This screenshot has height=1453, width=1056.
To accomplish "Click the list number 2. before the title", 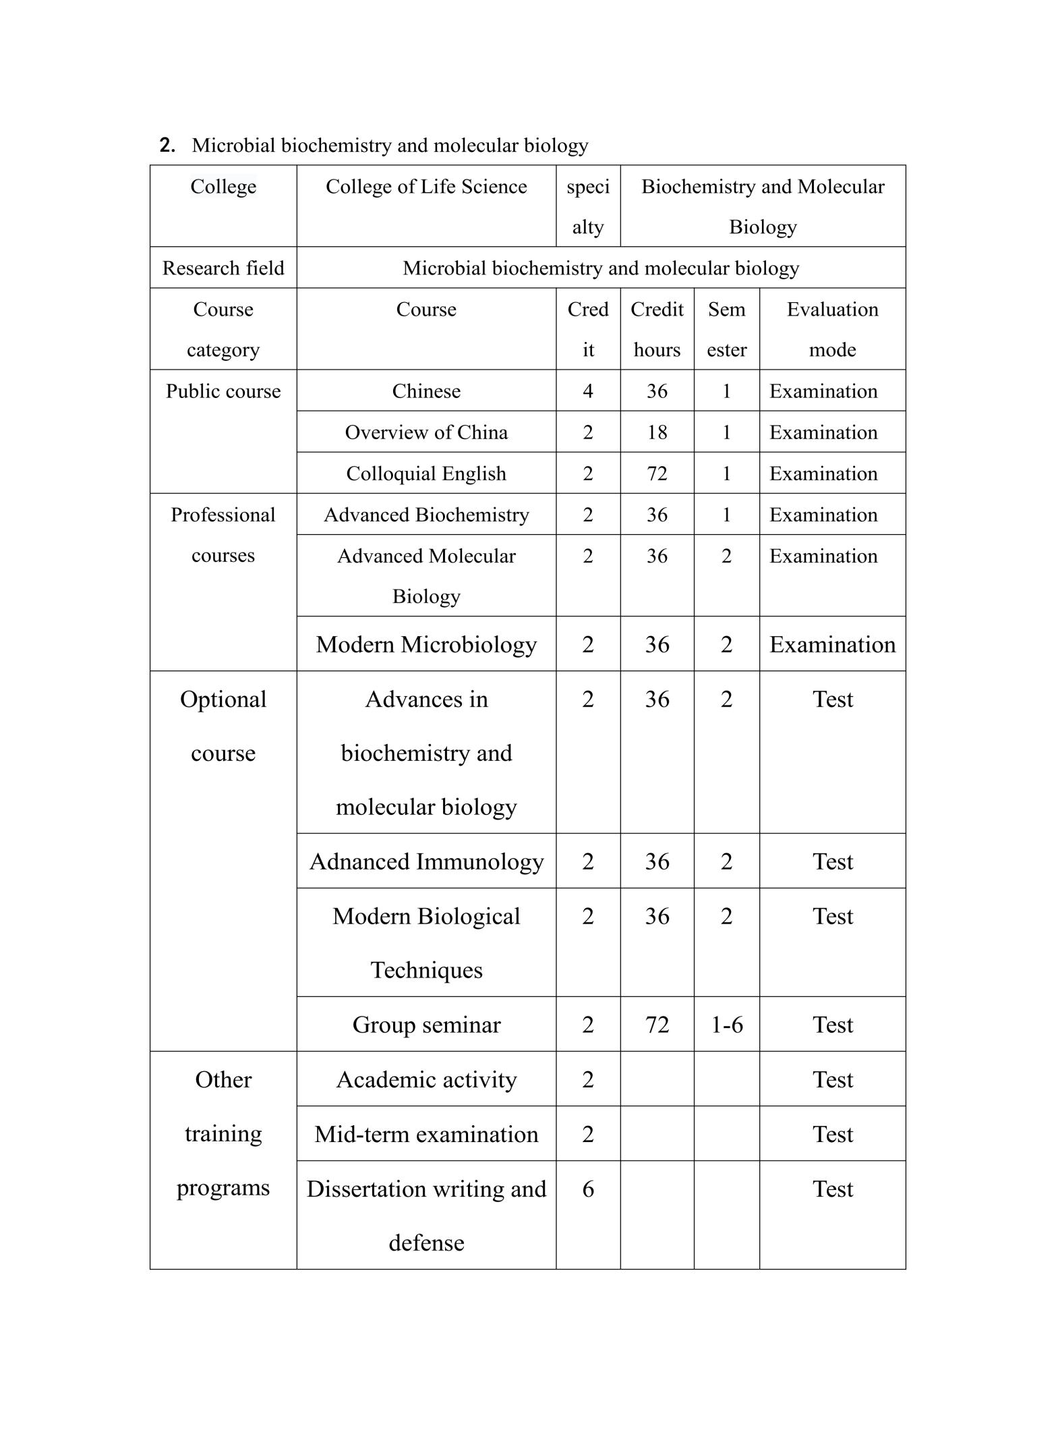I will [167, 145].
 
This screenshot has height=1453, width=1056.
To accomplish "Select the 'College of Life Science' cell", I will [426, 187].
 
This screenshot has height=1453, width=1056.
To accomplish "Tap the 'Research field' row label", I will [223, 268].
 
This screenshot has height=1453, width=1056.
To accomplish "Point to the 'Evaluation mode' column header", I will [832, 329].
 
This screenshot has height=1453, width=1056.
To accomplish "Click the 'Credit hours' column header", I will [657, 329].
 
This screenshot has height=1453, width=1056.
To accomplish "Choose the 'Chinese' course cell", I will [426, 391].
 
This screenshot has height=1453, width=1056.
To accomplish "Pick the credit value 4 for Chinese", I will [588, 391].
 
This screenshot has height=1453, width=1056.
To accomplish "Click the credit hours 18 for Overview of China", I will [657, 432].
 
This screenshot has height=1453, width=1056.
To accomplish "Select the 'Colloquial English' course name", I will [426, 474].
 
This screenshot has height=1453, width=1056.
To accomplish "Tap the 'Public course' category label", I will [223, 391].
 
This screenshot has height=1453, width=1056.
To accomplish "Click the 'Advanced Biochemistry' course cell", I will [426, 515].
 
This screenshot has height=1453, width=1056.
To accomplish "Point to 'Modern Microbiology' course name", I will [426, 644].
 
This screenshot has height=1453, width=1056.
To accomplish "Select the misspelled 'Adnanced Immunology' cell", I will [426, 861].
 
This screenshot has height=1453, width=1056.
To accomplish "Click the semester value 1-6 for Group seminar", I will [727, 1025].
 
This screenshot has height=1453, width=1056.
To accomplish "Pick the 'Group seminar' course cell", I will [426, 1025].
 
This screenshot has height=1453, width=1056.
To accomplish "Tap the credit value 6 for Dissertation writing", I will [588, 1189].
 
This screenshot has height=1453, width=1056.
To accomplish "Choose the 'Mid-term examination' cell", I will [426, 1134].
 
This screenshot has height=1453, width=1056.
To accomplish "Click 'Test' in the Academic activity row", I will [832, 1079].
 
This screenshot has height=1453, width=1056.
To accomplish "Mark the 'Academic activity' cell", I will [426, 1079].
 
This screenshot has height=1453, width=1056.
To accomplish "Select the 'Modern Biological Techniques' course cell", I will [426, 942].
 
